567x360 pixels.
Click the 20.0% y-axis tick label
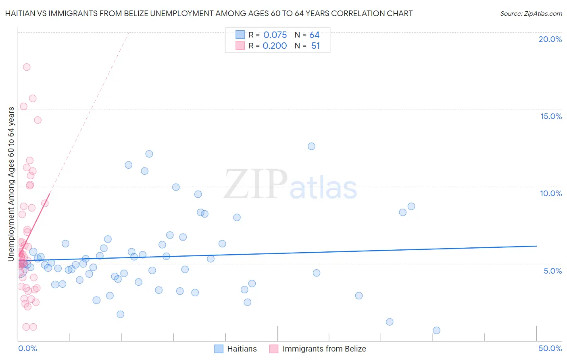point(550,39)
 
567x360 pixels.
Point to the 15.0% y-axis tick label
point(551,116)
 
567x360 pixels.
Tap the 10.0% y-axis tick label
point(551,193)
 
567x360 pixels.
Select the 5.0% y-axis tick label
point(552,271)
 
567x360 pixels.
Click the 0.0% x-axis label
point(27,348)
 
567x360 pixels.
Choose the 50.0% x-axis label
point(550,348)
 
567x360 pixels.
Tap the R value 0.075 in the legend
point(275,35)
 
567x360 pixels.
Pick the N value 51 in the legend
point(315,46)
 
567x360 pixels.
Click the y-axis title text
point(11,184)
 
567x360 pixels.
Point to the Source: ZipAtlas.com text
point(531,13)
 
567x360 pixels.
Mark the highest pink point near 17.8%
point(27,67)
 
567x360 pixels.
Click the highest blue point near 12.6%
point(311,146)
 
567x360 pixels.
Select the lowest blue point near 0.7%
point(436,330)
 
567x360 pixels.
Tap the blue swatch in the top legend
point(240,35)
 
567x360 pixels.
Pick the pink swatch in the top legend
point(240,46)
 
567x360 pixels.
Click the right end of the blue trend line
point(536,246)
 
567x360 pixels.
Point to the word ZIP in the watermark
point(256,184)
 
